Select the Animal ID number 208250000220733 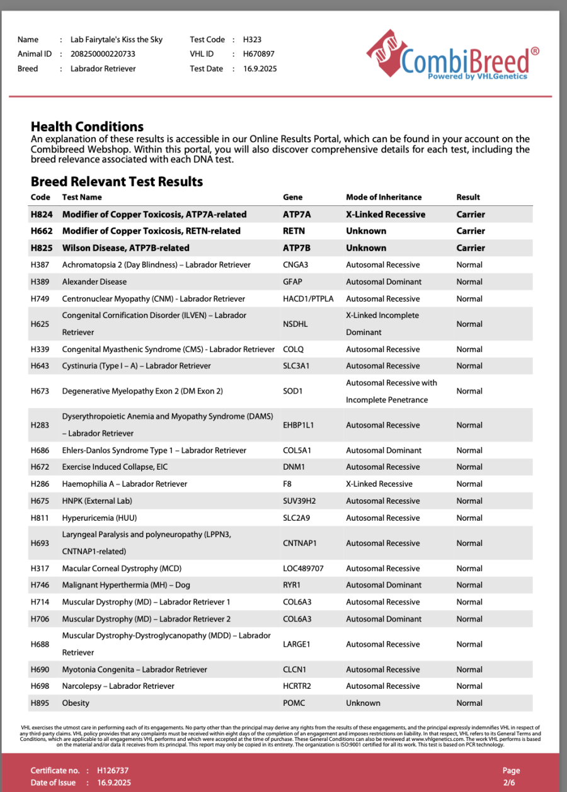103,54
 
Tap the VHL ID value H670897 259,54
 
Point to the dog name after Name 117,40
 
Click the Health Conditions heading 87,127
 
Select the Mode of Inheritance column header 384,197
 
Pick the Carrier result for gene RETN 471,231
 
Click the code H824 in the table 42,214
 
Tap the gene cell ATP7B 297,248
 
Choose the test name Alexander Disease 94,281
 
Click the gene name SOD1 293,391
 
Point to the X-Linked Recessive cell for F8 379,484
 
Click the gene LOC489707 303,569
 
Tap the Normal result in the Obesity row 469,703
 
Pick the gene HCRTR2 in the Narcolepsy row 297,686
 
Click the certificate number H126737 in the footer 113,770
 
